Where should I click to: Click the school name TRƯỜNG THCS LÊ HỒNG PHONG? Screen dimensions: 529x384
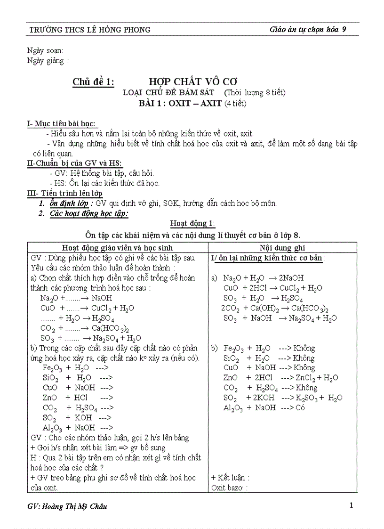tap(90, 30)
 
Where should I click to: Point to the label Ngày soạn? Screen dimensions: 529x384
tap(45, 50)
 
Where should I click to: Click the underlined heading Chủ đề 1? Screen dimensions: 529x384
tap(93, 82)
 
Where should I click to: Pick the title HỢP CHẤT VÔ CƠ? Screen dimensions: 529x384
tap(183, 82)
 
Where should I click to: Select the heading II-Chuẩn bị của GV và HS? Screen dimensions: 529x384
tap(74, 163)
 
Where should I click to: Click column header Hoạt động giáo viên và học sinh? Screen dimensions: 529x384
tap(117, 247)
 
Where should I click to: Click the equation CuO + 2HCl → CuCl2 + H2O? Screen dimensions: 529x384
tap(273, 288)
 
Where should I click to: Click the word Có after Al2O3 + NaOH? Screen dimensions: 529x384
tap(300, 407)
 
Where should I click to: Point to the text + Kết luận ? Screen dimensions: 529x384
tap(230, 478)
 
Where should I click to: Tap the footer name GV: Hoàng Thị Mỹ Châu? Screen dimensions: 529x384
tap(67, 506)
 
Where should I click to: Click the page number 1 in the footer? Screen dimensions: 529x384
tap(351, 505)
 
